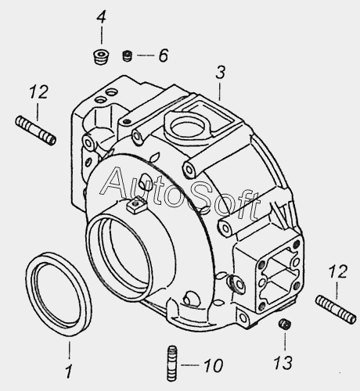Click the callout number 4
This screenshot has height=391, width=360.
tap(101, 18)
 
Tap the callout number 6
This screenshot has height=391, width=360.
tap(164, 56)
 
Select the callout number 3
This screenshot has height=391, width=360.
tap(220, 73)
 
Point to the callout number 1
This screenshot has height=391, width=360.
tap(69, 371)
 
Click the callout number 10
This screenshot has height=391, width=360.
tap(213, 365)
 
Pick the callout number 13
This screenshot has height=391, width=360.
tap(283, 363)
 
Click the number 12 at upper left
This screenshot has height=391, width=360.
tap(38, 91)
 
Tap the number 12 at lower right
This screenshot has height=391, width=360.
tap(338, 271)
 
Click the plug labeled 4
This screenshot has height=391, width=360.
tap(101, 57)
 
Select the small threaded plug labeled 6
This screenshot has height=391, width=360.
tap(128, 56)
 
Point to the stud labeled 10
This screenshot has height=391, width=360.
tap(171, 364)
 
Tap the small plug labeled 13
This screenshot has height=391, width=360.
tap(285, 325)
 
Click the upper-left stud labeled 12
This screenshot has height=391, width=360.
tap(35, 131)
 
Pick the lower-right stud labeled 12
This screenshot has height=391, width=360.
tap(336, 309)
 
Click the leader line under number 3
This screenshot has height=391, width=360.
tap(220, 91)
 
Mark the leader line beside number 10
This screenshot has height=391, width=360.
tap(189, 365)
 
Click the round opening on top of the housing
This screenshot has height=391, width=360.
tap(185, 127)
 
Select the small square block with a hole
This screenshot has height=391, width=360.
tap(136, 205)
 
